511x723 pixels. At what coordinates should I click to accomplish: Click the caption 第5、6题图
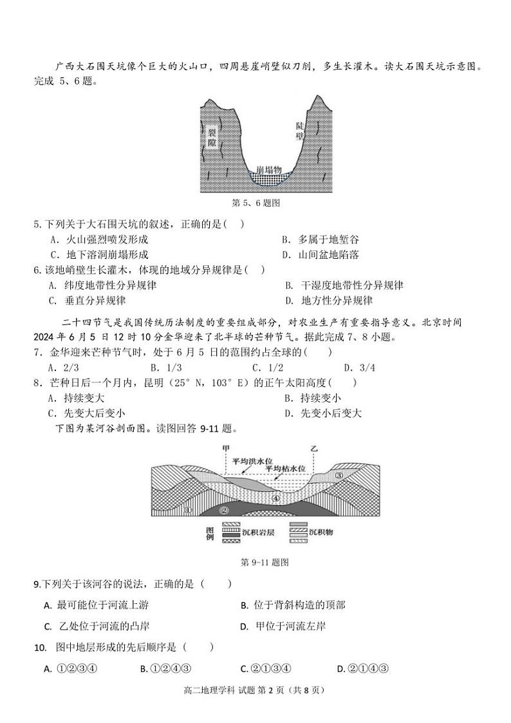tap(256, 202)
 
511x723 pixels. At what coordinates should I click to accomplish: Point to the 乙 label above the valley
tap(314, 448)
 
